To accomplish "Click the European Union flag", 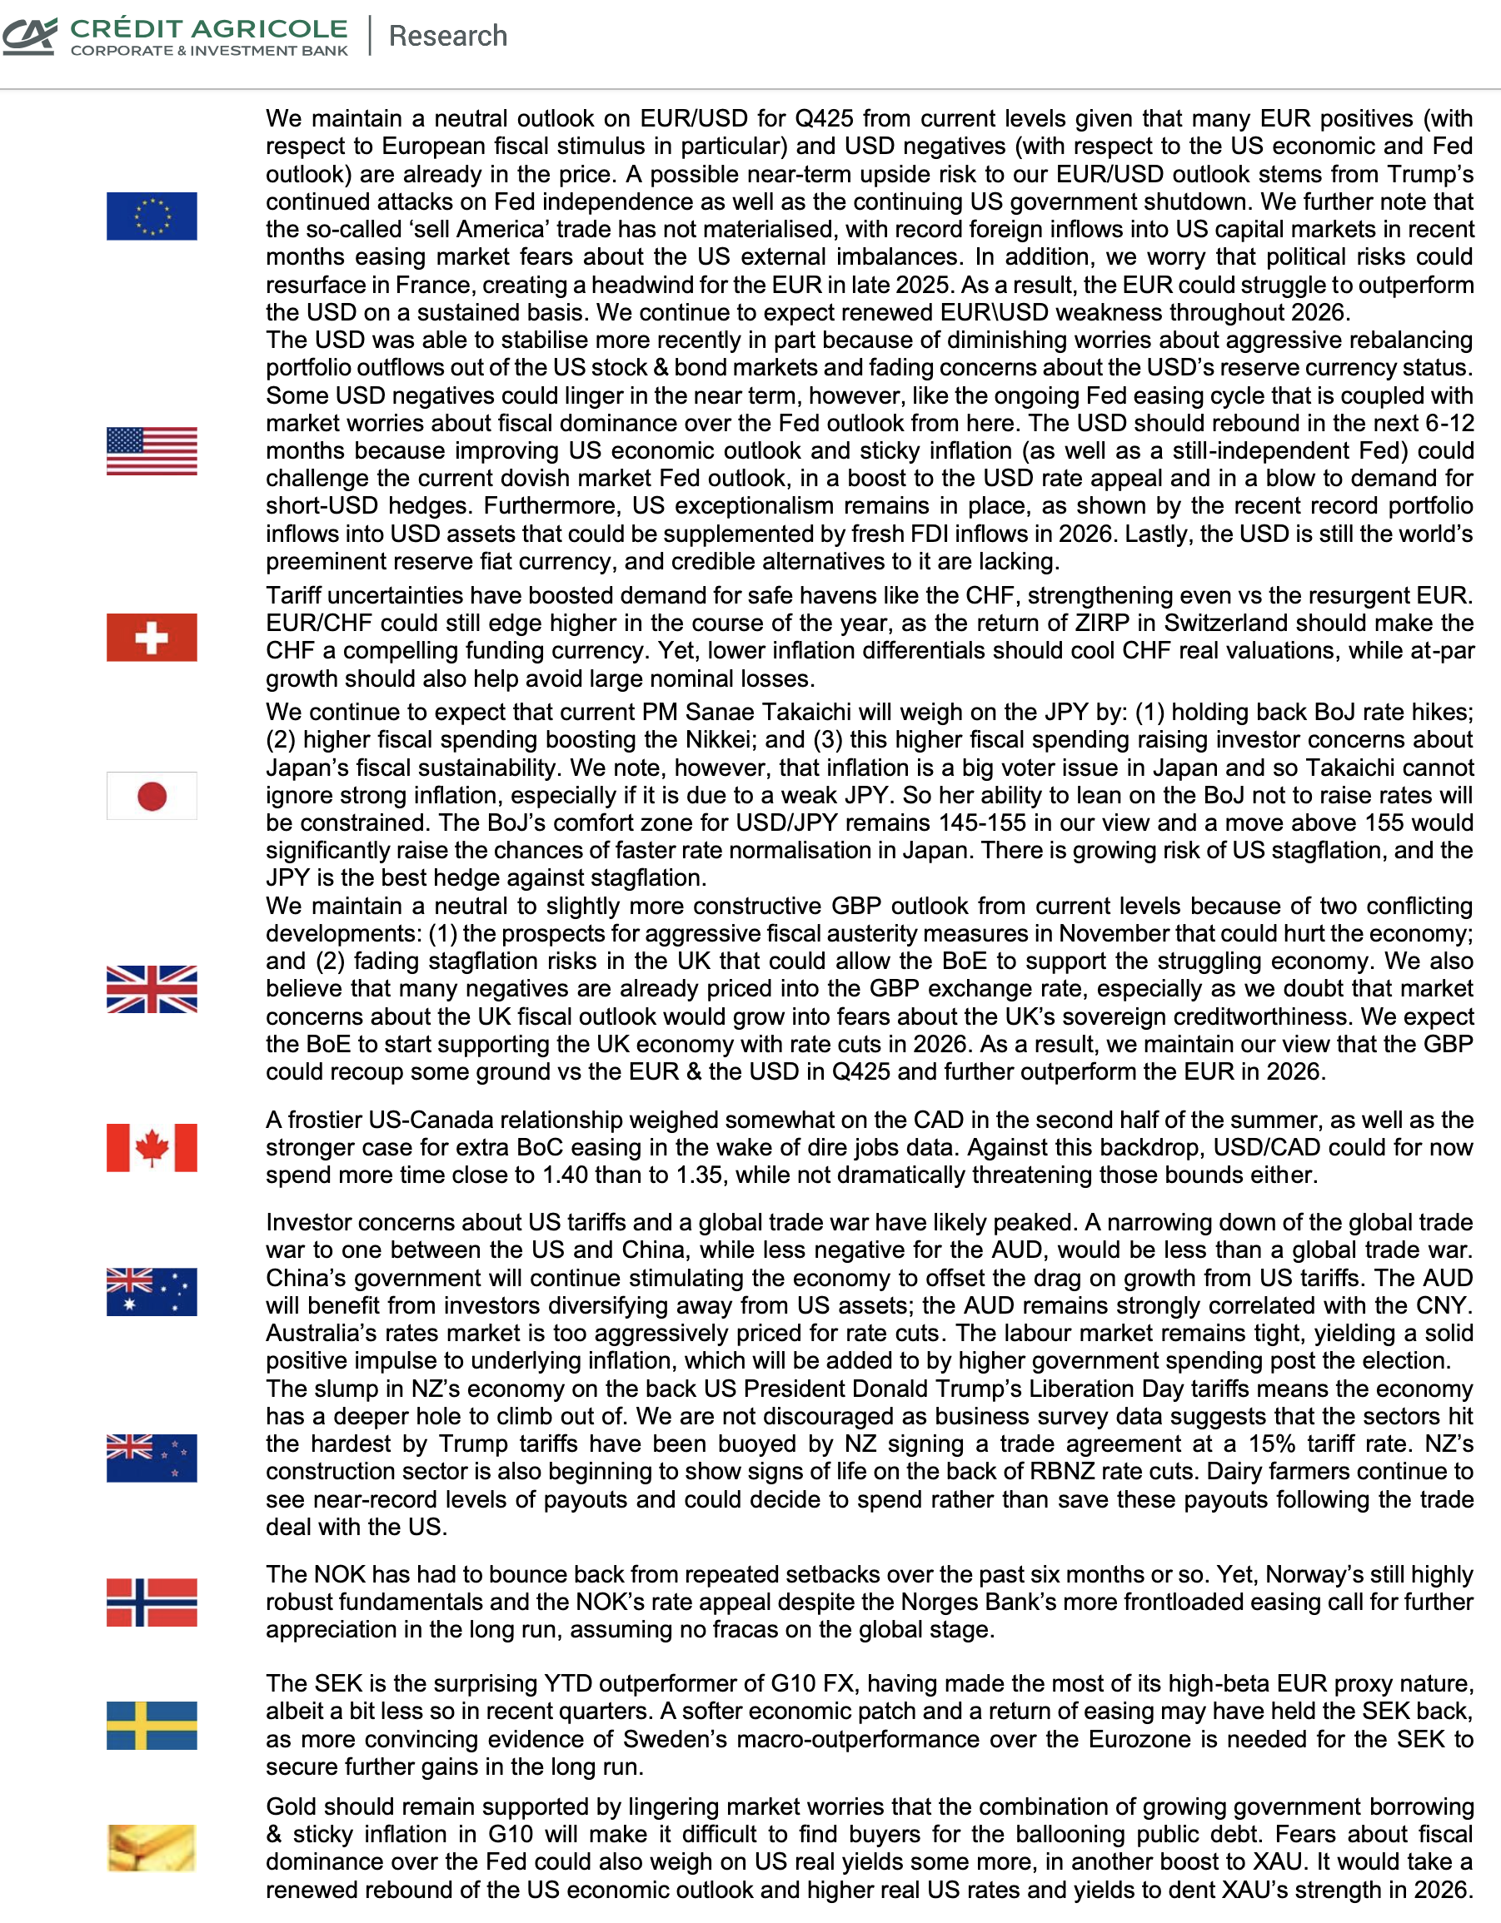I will pyautogui.click(x=152, y=216).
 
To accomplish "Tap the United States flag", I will pyautogui.click(x=152, y=451).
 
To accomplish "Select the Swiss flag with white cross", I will pyautogui.click(x=152, y=638).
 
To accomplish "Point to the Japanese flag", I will pyautogui.click(x=152, y=796).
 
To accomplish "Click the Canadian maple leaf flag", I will pyautogui.click(x=152, y=1147).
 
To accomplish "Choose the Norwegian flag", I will pyautogui.click(x=152, y=1602).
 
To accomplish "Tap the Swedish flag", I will pyautogui.click(x=152, y=1725).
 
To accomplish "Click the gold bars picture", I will pyautogui.click(x=152, y=1847).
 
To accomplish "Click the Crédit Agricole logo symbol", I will pyautogui.click(x=30, y=36).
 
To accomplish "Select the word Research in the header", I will pyautogui.click(x=447, y=36).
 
